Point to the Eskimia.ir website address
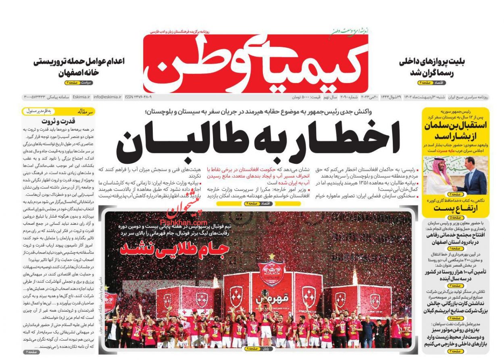click(81, 97)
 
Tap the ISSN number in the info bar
click(138, 97)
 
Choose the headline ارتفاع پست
click(455, 208)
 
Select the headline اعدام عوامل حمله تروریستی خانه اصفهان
click(79, 67)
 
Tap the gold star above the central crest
click(272, 256)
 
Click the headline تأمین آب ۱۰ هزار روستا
click(455, 275)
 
